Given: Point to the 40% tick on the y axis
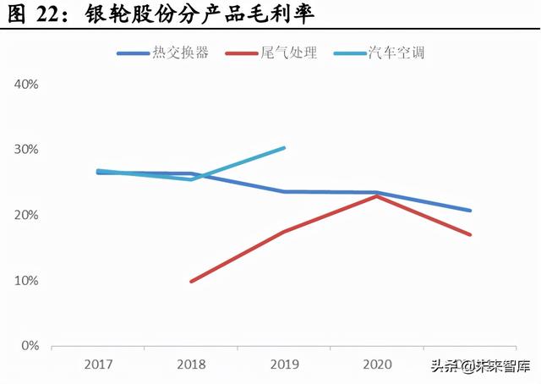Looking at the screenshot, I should (26, 85).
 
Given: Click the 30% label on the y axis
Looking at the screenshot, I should (26, 150).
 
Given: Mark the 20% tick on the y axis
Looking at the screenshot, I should (26, 216).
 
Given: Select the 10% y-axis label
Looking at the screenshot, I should (26, 281).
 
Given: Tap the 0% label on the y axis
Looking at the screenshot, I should (30, 346).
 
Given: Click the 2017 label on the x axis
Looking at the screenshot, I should (98, 365).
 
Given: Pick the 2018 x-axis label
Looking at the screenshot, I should (191, 365).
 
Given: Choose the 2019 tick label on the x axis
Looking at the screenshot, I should (284, 365).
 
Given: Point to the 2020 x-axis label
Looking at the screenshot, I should (377, 365).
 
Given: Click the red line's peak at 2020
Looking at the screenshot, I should (377, 196).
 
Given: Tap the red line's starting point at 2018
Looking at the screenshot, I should (191, 281).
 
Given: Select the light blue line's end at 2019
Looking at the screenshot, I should (284, 148).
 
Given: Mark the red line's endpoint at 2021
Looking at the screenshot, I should (470, 234).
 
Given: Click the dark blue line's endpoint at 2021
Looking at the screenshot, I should (470, 211).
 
